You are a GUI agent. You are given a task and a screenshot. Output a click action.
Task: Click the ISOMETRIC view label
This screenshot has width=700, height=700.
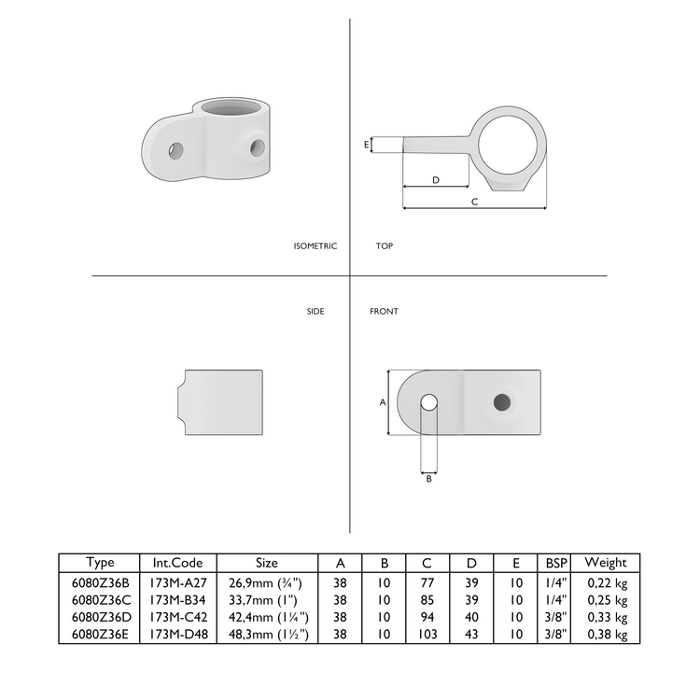(x=315, y=246)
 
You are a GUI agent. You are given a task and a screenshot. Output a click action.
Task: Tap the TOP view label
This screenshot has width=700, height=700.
(x=385, y=246)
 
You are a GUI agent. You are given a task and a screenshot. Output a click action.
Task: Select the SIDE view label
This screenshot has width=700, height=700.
(x=315, y=312)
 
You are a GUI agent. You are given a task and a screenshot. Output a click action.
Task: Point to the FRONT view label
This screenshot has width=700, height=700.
(x=384, y=312)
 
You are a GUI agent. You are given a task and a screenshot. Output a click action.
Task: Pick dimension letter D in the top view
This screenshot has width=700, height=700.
(x=436, y=179)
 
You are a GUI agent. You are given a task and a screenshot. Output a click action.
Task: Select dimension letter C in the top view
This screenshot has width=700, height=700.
(x=474, y=202)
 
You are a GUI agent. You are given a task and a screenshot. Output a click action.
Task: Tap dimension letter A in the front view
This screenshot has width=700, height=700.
(x=382, y=402)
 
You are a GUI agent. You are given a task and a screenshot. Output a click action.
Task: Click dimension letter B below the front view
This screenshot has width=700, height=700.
(x=428, y=479)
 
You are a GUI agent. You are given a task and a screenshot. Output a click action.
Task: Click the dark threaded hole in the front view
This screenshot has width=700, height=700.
(x=502, y=402)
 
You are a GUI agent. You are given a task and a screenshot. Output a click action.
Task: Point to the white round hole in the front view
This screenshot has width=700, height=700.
(x=428, y=402)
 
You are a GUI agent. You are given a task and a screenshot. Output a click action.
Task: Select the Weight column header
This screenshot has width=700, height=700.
(x=605, y=563)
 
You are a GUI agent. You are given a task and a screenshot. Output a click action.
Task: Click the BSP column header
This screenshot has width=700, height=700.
(x=555, y=564)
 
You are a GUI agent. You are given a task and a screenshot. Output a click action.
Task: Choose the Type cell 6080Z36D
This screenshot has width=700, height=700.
(x=100, y=617)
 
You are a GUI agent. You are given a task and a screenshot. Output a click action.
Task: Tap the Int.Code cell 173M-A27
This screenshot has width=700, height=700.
(x=178, y=581)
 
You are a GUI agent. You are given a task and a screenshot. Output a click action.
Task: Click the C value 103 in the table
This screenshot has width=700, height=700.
(x=427, y=635)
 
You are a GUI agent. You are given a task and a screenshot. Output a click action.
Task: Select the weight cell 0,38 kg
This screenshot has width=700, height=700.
(x=608, y=635)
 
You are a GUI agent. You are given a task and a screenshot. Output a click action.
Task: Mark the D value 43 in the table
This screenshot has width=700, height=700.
(x=472, y=635)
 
